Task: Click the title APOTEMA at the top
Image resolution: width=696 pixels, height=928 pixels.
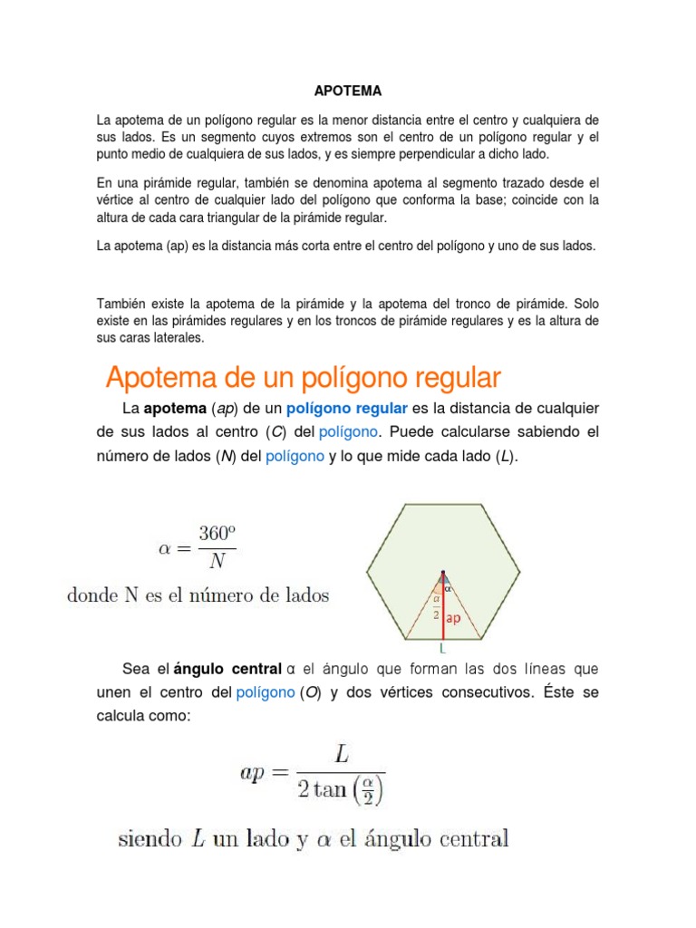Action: (348, 92)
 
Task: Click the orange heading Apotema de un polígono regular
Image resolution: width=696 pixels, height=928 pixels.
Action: (304, 376)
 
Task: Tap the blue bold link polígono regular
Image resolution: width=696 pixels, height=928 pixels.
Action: (357, 410)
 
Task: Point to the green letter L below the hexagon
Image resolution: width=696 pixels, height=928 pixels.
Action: (442, 649)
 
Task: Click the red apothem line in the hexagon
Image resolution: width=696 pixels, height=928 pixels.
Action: (442, 607)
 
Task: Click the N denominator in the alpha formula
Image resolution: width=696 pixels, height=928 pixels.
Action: (217, 562)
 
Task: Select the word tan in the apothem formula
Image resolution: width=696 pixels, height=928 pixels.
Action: (330, 789)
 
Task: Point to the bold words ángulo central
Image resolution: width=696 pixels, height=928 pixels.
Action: (227, 669)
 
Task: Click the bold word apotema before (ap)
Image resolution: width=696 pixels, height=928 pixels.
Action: (175, 410)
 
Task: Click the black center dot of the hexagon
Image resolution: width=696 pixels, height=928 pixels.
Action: (442, 572)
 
